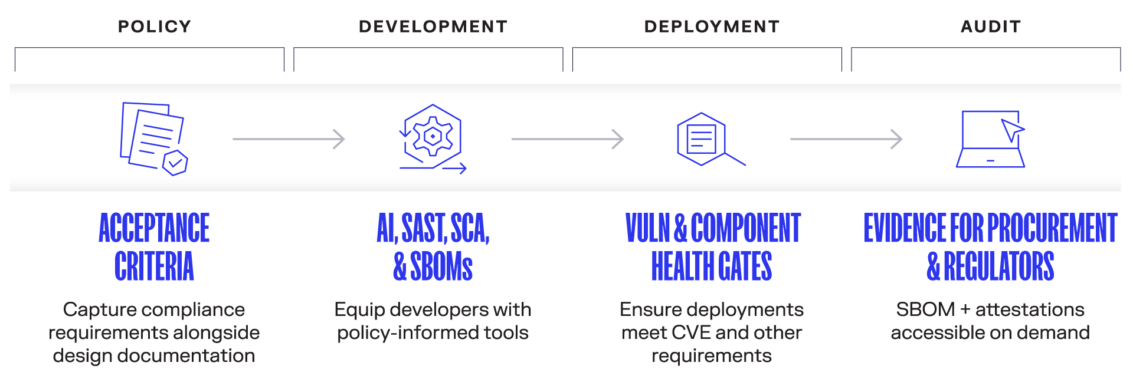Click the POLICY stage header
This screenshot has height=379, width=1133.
(x=154, y=27)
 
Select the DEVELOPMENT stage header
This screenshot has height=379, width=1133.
(x=433, y=27)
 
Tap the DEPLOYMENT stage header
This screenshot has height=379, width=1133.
(x=712, y=27)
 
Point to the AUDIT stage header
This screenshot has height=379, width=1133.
(x=990, y=27)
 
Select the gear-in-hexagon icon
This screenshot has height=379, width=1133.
(x=433, y=137)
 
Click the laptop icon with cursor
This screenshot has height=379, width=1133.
(x=990, y=139)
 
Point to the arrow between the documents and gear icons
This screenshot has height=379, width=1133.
(x=289, y=139)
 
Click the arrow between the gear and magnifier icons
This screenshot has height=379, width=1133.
(x=567, y=139)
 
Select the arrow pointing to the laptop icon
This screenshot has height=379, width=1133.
(x=846, y=139)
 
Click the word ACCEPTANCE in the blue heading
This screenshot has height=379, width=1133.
(x=154, y=229)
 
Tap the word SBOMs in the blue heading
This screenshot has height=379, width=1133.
(x=441, y=266)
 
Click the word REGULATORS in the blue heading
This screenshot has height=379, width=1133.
(x=998, y=266)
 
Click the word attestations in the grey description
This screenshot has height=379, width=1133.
(x=1030, y=309)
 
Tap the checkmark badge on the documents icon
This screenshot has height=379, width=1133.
(x=175, y=163)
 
